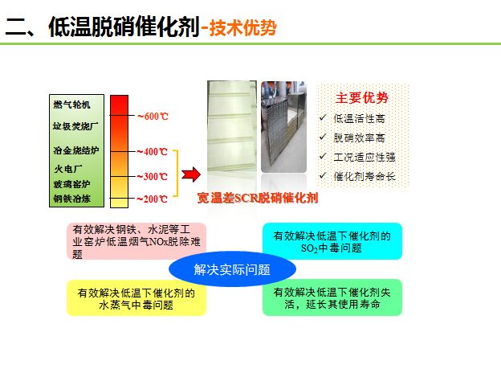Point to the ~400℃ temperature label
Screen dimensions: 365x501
153,151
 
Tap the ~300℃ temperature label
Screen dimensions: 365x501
153,176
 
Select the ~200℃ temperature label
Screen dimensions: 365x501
153,199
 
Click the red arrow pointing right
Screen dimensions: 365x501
190,174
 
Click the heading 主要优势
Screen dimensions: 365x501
361,98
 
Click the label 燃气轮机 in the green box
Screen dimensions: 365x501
72,105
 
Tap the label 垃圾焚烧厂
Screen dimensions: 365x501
75,125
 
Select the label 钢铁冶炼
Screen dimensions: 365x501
72,198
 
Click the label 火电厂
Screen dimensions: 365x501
67,169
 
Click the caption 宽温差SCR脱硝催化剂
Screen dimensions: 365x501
258,198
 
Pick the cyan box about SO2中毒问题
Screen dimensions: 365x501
332,241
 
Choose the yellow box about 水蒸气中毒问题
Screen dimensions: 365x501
136,298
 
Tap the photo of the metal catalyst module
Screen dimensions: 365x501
284,127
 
